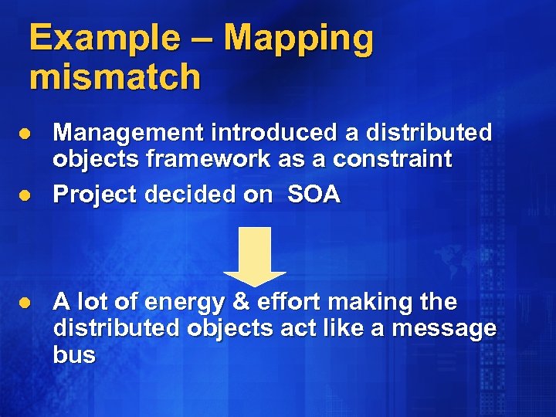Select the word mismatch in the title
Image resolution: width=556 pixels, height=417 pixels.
[x=115, y=77]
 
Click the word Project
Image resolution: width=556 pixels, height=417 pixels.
[x=93, y=195]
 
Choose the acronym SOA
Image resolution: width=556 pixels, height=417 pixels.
[x=314, y=195]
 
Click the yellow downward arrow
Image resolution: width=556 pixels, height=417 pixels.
[x=255, y=255]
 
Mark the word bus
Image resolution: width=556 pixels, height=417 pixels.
[x=74, y=355]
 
